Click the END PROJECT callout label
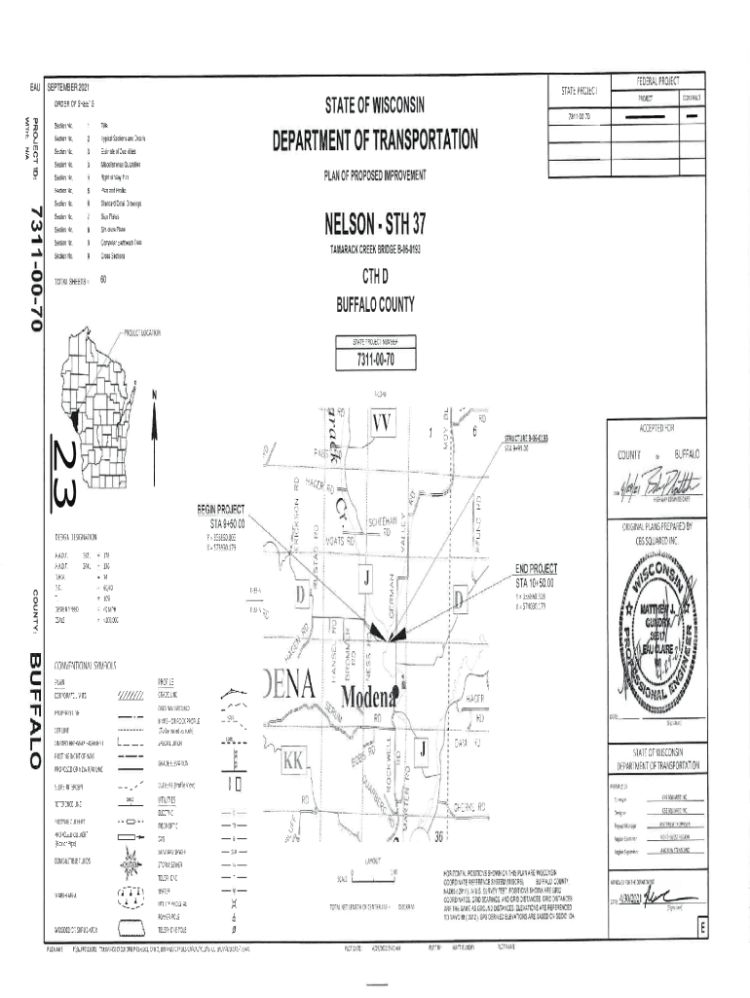[537, 569]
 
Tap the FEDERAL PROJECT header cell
[658, 81]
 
